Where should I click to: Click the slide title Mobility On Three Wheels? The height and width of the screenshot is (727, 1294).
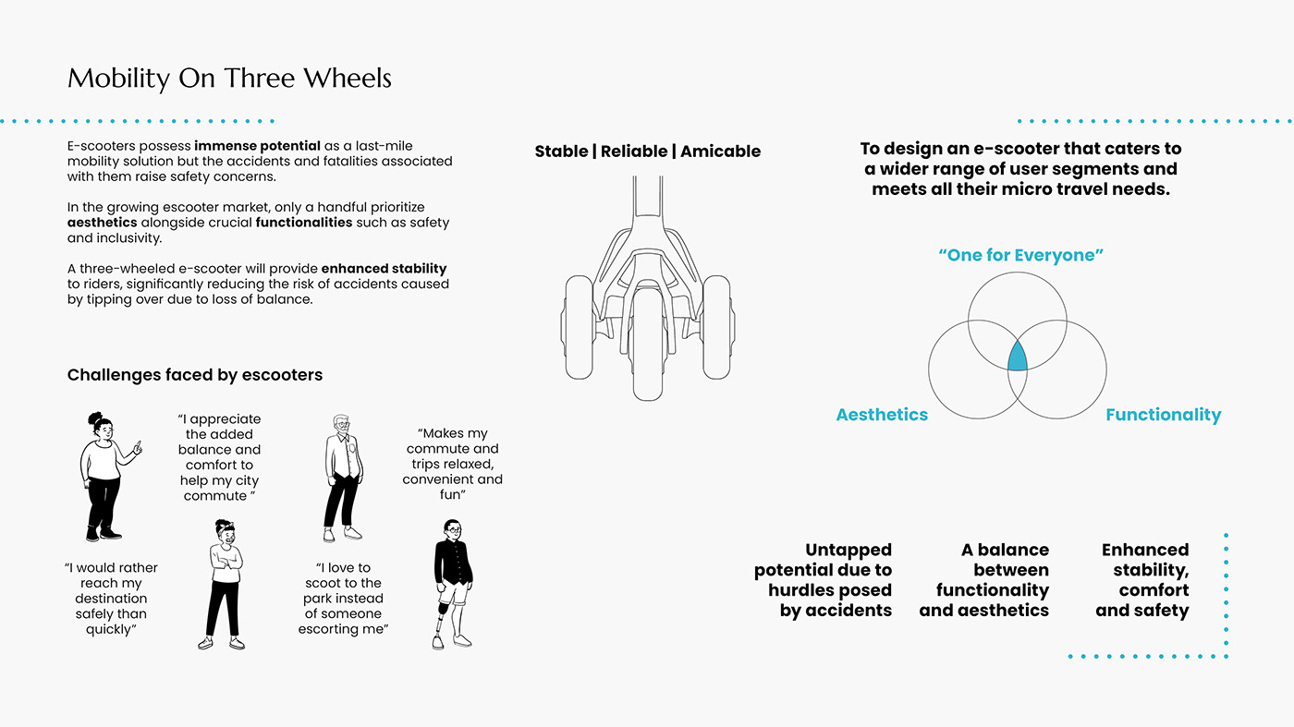pos(229,79)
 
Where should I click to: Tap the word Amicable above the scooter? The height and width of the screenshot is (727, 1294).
pos(720,151)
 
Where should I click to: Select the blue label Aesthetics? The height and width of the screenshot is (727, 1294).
pos(882,415)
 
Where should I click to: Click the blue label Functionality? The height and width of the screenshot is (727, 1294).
pos(1163,415)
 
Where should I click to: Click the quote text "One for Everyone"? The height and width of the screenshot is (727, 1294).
pos(1020,255)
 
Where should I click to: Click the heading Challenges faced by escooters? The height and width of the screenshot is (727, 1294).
pos(195,375)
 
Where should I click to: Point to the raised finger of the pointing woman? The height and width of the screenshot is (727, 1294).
pos(138,444)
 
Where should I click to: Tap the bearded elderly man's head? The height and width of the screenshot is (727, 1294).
pos(342,426)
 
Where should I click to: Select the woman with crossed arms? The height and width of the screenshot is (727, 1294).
pos(223,582)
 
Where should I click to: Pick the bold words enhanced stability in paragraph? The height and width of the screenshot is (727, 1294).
pos(384,269)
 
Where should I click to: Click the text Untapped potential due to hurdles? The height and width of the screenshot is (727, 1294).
pos(823,580)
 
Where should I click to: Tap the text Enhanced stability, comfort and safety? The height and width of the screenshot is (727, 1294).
pos(1142,580)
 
